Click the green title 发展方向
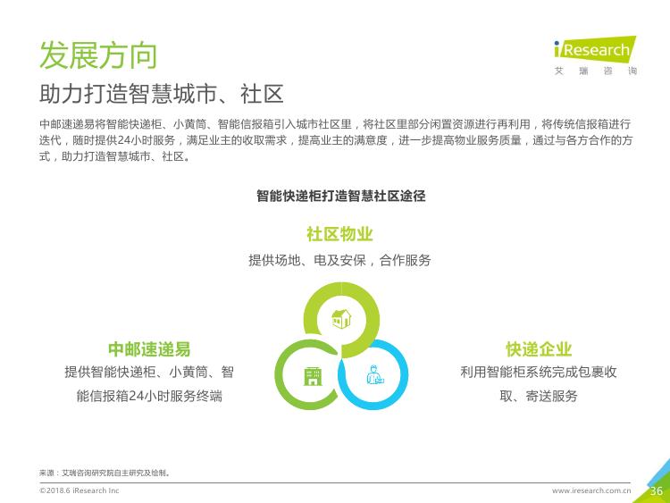pos(98,55)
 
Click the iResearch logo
pos(595,49)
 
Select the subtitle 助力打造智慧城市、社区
pos(162,94)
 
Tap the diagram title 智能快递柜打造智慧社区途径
pos(341,196)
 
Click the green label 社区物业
pos(339,234)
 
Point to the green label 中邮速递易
pos(149,349)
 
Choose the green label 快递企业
pos(539,349)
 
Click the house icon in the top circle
pos(341,319)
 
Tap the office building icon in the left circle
pos(313,376)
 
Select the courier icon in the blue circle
pos(374,374)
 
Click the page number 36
pos(657,491)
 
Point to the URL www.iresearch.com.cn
pos(591,490)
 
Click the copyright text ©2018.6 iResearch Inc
pos(79,490)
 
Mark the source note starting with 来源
pos(105,473)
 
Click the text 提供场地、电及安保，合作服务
pos(339,260)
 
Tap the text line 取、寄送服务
pos(539,396)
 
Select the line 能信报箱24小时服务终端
pos(149,396)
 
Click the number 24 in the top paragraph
pos(123,140)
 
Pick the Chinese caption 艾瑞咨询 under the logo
pos(596,71)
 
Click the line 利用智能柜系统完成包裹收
pos(539,373)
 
